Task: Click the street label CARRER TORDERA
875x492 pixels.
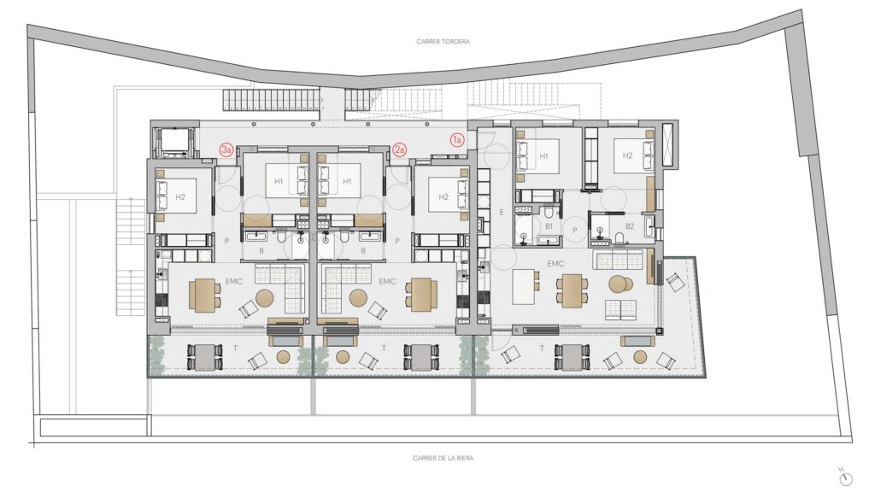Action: point(443,41)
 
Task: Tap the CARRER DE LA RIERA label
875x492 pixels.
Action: point(443,458)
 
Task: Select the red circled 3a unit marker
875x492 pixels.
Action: point(226,149)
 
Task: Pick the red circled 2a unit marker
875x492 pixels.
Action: point(400,149)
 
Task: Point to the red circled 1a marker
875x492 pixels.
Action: point(457,140)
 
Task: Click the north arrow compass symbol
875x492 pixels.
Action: point(846,477)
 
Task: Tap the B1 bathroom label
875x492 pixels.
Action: point(549,226)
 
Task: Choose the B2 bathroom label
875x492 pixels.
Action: point(630,226)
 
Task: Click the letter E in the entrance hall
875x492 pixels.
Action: point(501,213)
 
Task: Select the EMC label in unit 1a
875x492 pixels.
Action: point(555,264)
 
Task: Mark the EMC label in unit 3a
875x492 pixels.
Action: point(234,282)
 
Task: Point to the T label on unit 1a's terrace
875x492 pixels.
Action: point(541,348)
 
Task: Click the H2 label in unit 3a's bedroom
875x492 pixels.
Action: point(179,197)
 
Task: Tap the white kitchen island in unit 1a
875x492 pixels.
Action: point(523,287)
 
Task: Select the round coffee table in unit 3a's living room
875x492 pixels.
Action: point(265,298)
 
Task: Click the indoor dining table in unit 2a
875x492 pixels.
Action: point(421,295)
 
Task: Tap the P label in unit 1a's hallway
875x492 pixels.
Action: point(575,230)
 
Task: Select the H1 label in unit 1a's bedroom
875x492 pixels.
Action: point(543,157)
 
